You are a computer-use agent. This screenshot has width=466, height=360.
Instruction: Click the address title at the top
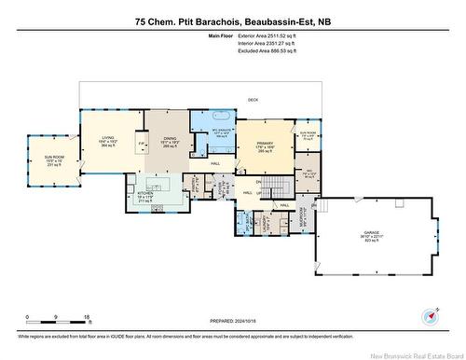click(233, 20)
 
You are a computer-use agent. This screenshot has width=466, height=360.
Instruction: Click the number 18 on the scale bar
click(88, 318)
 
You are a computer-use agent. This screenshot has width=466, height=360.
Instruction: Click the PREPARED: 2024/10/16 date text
click(232, 322)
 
